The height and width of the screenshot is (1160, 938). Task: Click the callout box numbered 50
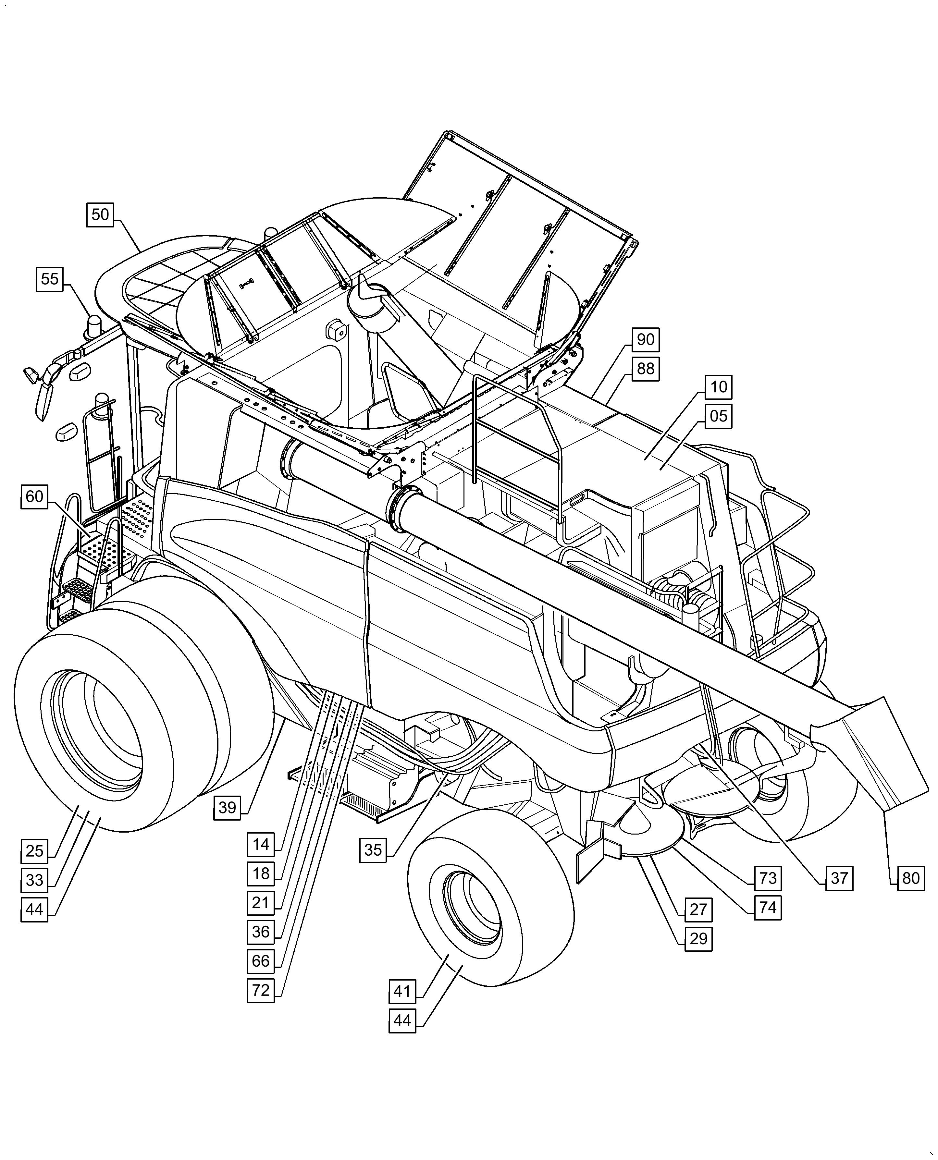pyautogui.click(x=100, y=214)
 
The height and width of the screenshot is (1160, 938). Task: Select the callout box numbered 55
pyautogui.click(x=50, y=279)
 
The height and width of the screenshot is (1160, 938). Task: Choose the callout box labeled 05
pyautogui.click(x=719, y=416)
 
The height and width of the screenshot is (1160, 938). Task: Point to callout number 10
pyautogui.click(x=719, y=387)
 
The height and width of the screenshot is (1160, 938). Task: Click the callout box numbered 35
pyautogui.click(x=373, y=850)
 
